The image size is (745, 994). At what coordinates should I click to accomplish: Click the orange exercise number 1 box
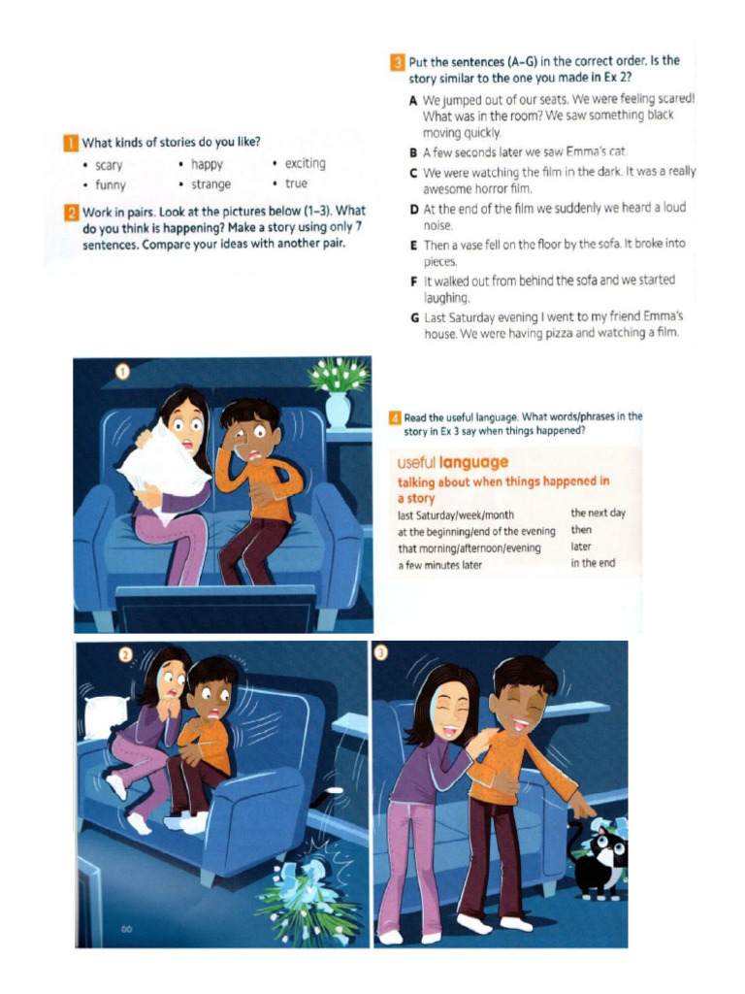(70, 143)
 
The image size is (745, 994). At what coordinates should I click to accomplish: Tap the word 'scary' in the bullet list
(109, 165)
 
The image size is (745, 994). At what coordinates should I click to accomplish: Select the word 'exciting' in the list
(305, 163)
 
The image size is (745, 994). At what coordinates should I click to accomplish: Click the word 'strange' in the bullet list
(211, 184)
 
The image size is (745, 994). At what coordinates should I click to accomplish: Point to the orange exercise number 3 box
(397, 62)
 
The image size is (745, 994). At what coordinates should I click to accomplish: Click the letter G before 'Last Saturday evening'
(414, 317)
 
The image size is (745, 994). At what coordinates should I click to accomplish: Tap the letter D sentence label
(413, 209)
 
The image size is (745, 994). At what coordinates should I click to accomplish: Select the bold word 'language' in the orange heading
(473, 463)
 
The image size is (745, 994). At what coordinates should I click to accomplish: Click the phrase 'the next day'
(598, 513)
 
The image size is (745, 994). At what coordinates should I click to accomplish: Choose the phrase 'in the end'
(593, 563)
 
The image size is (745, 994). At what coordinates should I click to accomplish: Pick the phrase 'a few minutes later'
(439, 565)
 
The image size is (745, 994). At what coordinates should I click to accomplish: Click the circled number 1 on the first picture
(122, 372)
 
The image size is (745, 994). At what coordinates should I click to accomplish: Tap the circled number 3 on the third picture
(380, 652)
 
